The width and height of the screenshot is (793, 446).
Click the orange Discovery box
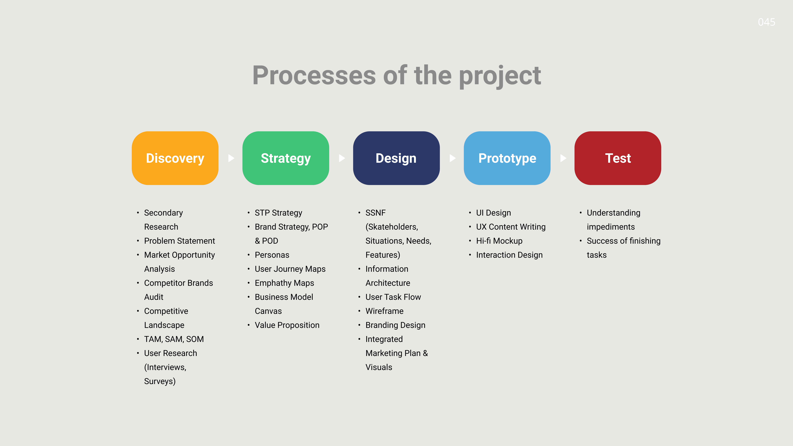[175, 158]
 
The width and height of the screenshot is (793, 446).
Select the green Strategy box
[286, 158]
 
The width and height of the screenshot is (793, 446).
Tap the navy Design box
[396, 158]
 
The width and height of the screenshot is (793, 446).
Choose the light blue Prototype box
[507, 158]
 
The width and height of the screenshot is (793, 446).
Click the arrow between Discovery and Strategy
[231, 158]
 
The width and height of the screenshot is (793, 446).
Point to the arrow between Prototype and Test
[563, 158]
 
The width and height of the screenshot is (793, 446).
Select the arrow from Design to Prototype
[453, 158]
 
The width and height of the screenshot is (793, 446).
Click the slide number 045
[767, 22]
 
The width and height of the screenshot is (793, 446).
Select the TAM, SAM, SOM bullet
[174, 339]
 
